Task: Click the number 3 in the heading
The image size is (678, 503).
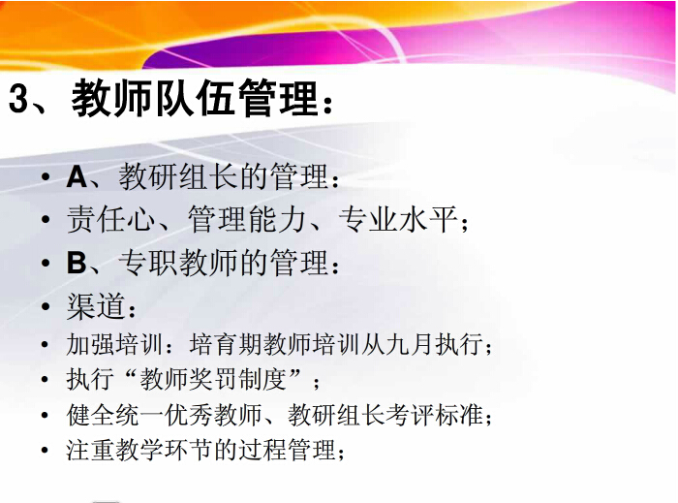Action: [x=18, y=99]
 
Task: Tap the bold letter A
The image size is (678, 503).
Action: [x=77, y=177]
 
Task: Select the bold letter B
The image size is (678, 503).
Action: [x=77, y=263]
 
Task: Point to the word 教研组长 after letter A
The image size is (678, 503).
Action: [x=178, y=176]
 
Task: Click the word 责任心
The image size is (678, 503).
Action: [x=111, y=219]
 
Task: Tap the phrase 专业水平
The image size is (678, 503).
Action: [x=398, y=219]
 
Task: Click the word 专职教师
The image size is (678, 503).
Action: [x=178, y=263]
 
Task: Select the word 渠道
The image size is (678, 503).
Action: [x=96, y=306]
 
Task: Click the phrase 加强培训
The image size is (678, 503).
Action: [x=114, y=345]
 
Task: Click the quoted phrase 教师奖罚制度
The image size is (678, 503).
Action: [x=213, y=379]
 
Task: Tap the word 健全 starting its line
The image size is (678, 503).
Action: [x=90, y=415]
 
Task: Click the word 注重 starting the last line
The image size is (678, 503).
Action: [x=90, y=450]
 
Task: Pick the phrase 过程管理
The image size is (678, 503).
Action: [x=288, y=450]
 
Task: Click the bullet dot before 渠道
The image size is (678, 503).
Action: [x=46, y=306]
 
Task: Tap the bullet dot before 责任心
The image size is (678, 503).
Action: [x=46, y=220]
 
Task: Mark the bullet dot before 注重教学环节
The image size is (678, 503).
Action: [x=45, y=451]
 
